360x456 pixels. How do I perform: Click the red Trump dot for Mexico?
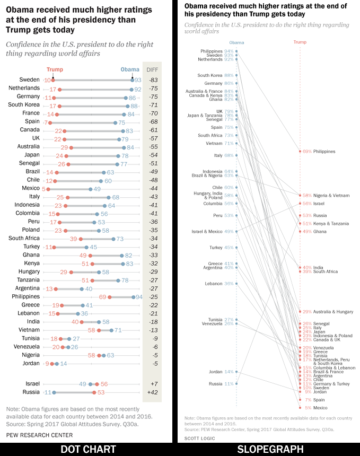[47, 189]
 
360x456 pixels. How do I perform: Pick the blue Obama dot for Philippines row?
[133, 297]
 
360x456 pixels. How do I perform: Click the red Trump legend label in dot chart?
[55, 69]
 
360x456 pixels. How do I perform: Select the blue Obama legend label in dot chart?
[130, 69]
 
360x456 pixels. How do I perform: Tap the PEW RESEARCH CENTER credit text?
[40, 435]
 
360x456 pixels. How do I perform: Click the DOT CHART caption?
[88, 449]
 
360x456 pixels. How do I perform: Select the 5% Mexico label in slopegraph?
[316, 408]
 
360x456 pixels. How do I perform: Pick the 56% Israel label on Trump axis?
[313, 204]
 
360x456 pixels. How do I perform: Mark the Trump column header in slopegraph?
[300, 42]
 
